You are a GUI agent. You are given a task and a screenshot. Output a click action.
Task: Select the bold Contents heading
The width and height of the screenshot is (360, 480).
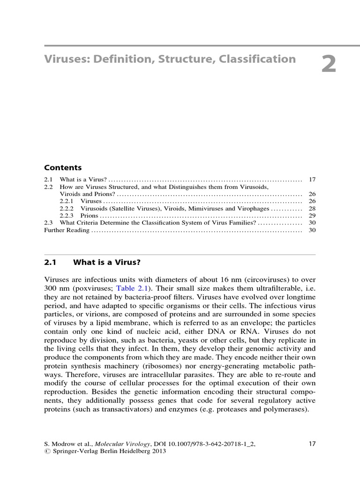(x=63, y=167)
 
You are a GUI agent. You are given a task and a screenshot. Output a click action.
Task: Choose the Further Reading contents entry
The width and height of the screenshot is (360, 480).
(x=67, y=231)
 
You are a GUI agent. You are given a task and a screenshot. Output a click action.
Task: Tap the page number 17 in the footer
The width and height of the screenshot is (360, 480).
(x=313, y=443)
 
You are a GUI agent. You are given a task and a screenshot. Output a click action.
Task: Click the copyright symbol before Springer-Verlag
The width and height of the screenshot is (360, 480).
(x=47, y=451)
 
